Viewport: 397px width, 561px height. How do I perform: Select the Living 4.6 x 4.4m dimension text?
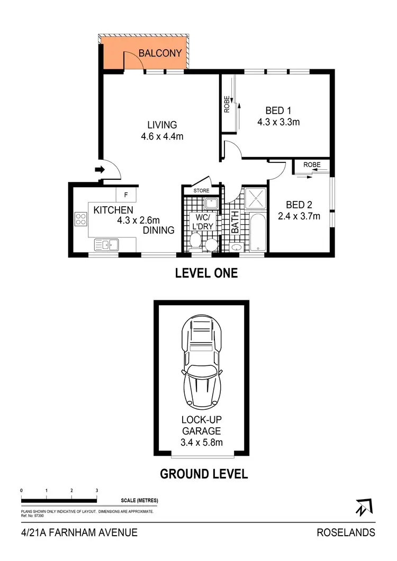pos(162,137)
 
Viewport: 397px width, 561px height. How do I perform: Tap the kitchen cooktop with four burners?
pos(81,219)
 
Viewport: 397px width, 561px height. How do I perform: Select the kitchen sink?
pos(107,244)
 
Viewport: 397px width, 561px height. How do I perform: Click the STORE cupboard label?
pos(201,190)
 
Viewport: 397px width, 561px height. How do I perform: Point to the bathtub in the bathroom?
pos(257,232)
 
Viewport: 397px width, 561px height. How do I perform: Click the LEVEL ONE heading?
pos(206,273)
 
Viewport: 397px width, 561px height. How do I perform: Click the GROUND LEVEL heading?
pos(204,474)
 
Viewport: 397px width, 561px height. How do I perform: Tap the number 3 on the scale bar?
pos(97,491)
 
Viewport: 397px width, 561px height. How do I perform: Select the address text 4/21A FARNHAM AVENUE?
pos(79,532)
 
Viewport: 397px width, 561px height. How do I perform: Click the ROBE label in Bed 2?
pos(312,165)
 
